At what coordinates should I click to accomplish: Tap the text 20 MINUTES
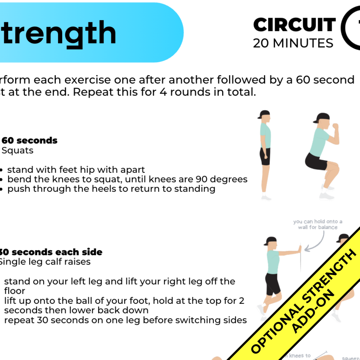293,43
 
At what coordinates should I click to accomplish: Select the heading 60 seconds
30,140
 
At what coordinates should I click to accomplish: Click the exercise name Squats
18,150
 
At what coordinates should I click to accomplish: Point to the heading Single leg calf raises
45,262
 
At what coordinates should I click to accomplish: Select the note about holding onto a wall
318,224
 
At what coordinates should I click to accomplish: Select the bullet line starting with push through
111,189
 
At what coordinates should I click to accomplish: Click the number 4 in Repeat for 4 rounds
158,92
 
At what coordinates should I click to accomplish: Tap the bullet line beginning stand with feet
76,170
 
